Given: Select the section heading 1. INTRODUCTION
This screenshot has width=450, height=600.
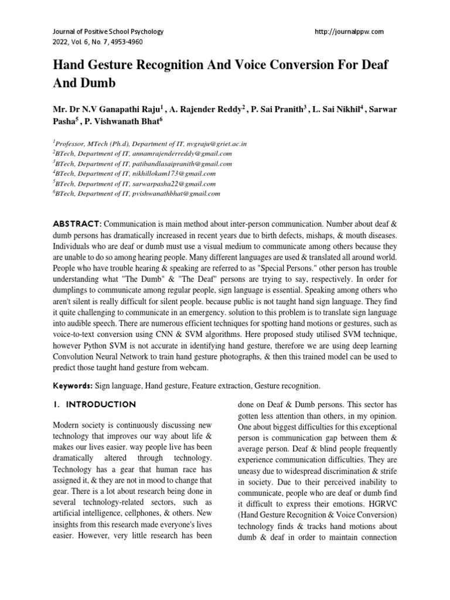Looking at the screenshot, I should pos(94,405).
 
